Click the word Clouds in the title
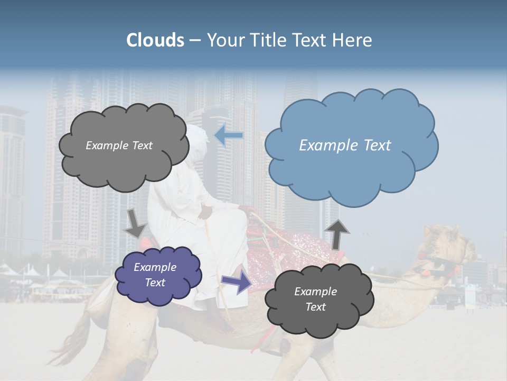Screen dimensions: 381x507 coord(155,40)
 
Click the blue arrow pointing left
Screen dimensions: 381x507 coord(229,135)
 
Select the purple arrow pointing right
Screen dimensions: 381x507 coord(237,282)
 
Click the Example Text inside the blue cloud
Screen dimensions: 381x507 coord(345,146)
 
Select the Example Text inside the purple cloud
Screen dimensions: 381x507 coord(155,275)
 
